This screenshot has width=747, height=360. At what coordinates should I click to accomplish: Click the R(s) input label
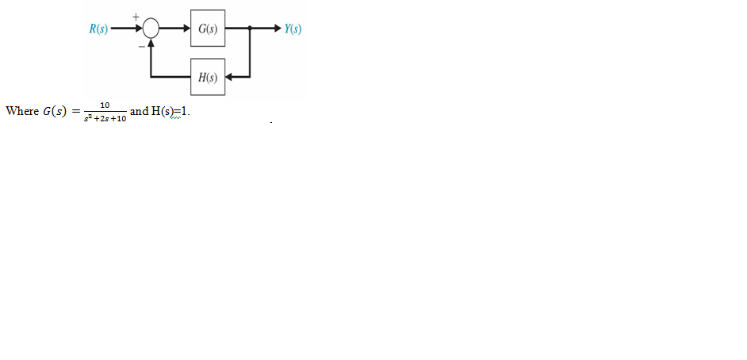99,30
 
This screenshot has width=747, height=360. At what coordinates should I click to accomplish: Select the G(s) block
207,30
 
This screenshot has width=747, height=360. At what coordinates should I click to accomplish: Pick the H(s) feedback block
207,78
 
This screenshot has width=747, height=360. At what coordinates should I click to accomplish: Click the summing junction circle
151,30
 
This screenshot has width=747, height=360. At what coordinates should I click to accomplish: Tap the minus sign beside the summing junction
141,46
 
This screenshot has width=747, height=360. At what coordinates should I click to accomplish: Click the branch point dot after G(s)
251,30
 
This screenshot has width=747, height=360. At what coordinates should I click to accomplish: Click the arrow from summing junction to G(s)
175,30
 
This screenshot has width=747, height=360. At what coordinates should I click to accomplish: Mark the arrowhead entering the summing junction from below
151,46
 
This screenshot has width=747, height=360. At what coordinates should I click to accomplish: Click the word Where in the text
21,111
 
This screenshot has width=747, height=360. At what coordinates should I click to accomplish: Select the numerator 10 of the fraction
105,104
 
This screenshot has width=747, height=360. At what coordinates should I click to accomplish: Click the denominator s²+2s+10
105,118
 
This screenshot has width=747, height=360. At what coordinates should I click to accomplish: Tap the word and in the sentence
139,111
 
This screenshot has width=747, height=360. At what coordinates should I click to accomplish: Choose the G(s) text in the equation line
54,111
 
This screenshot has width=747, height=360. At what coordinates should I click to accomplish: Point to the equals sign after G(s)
76,112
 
